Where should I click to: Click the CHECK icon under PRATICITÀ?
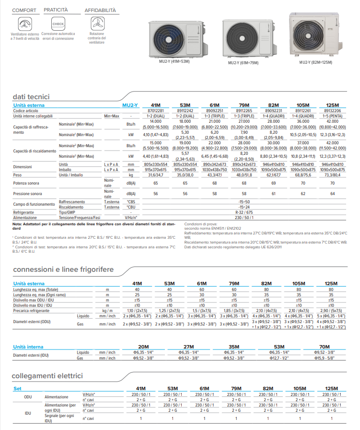click(58, 23)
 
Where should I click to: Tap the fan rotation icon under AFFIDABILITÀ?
click(97, 23)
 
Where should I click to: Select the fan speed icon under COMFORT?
click(24, 23)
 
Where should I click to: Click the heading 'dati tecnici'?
click(31, 97)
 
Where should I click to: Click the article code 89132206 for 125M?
click(332, 110)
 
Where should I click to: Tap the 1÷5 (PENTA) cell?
click(332, 116)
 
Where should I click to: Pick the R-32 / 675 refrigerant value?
click(244, 211)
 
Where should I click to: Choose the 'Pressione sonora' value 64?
click(332, 194)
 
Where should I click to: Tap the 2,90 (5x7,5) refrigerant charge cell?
click(331, 310)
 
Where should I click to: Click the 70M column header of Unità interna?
click(325, 347)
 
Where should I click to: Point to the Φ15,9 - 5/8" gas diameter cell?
click(325, 358)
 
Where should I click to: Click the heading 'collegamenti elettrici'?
click(48, 376)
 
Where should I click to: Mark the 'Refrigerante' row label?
click(24, 211)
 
